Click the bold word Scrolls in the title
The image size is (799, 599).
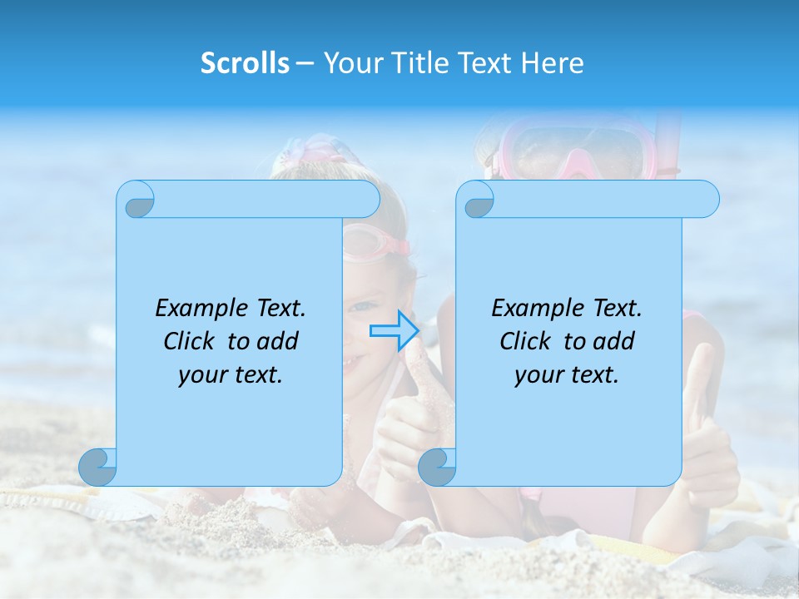click(246, 63)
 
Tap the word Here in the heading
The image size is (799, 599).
click(553, 63)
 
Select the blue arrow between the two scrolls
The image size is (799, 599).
click(394, 330)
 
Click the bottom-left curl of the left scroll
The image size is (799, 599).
click(98, 467)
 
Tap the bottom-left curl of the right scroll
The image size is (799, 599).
click(437, 467)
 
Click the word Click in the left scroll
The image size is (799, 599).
click(191, 341)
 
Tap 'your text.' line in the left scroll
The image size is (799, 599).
click(231, 374)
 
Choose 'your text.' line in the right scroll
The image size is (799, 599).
click(566, 374)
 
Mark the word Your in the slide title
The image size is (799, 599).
click(350, 63)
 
